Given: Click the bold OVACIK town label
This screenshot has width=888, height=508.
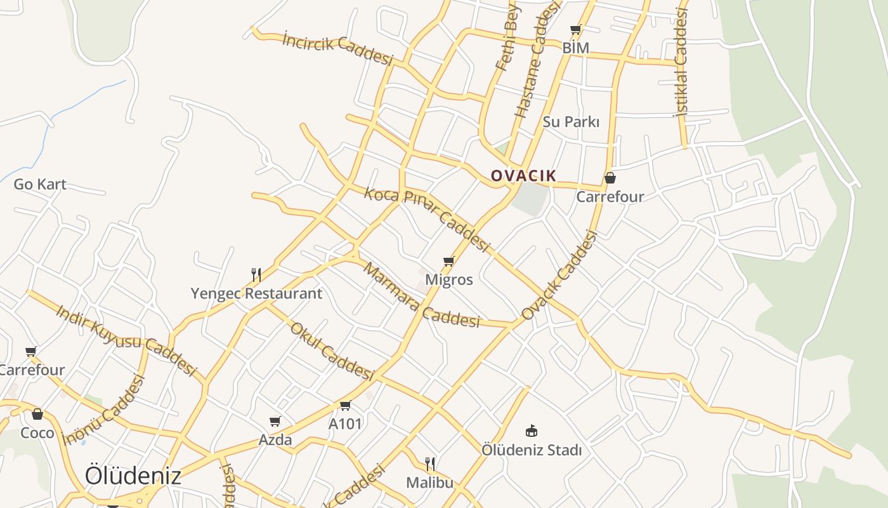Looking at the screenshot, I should (x=523, y=176).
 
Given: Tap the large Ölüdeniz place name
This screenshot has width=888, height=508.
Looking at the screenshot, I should (x=133, y=476).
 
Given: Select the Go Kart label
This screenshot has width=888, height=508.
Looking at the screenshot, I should (x=40, y=184).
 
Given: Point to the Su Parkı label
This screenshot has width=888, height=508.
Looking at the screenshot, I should (x=571, y=121).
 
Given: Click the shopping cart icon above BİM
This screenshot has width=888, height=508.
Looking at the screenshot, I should (x=575, y=29).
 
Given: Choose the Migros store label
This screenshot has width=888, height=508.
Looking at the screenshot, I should (x=449, y=279).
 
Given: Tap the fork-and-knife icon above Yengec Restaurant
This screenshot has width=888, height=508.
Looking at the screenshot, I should (x=256, y=274).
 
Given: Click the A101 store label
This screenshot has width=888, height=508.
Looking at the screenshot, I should (x=345, y=424).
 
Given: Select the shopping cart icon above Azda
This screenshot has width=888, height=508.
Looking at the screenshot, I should (x=275, y=421).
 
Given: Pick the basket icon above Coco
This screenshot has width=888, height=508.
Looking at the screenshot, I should (x=37, y=415).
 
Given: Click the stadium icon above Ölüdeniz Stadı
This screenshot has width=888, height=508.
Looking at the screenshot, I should (x=532, y=431).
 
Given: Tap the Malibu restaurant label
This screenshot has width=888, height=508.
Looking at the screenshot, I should (x=430, y=483).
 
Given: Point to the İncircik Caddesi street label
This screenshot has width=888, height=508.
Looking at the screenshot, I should (x=337, y=49).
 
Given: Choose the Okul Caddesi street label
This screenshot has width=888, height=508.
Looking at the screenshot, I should (x=331, y=351).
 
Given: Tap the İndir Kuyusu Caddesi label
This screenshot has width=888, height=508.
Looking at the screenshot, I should (x=127, y=340).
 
